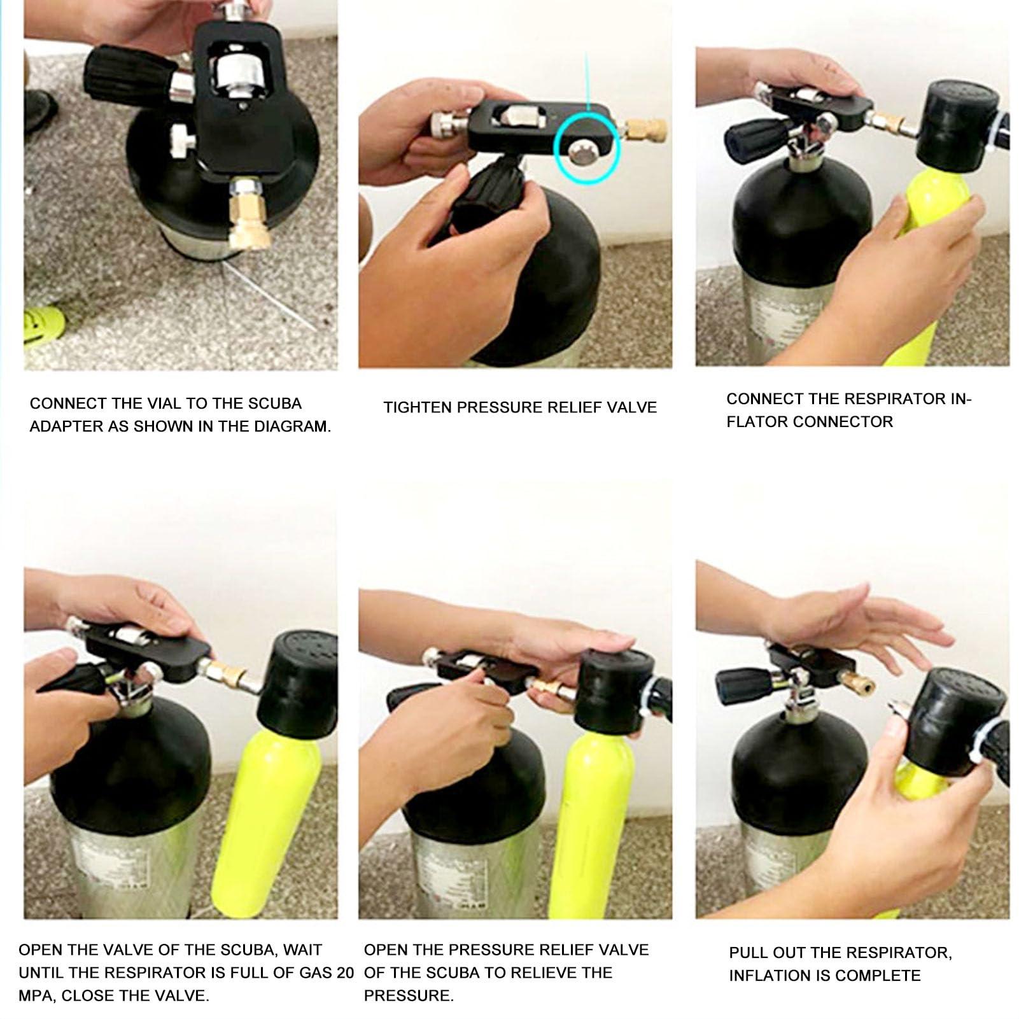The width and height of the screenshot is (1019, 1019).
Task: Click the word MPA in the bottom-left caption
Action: point(34,996)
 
